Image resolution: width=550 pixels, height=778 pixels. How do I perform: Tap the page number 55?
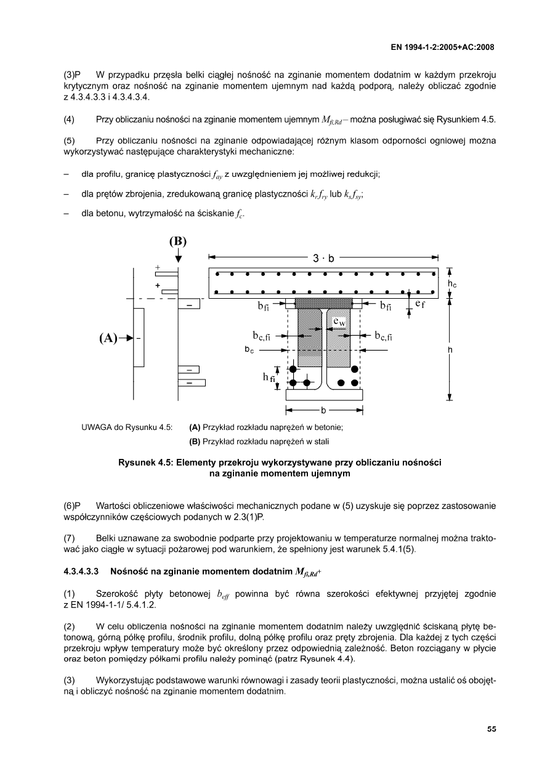point(491,729)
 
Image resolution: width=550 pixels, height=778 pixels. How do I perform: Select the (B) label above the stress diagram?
point(178,241)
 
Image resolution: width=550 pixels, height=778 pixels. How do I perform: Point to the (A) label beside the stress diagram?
point(108,338)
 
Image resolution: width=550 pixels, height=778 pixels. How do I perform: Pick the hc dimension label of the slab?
point(452,284)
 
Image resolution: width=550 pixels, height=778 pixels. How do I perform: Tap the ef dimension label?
point(421,304)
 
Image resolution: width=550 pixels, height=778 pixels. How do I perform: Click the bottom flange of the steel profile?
point(325,395)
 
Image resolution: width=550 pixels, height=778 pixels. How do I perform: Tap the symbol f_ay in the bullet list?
point(216,176)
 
